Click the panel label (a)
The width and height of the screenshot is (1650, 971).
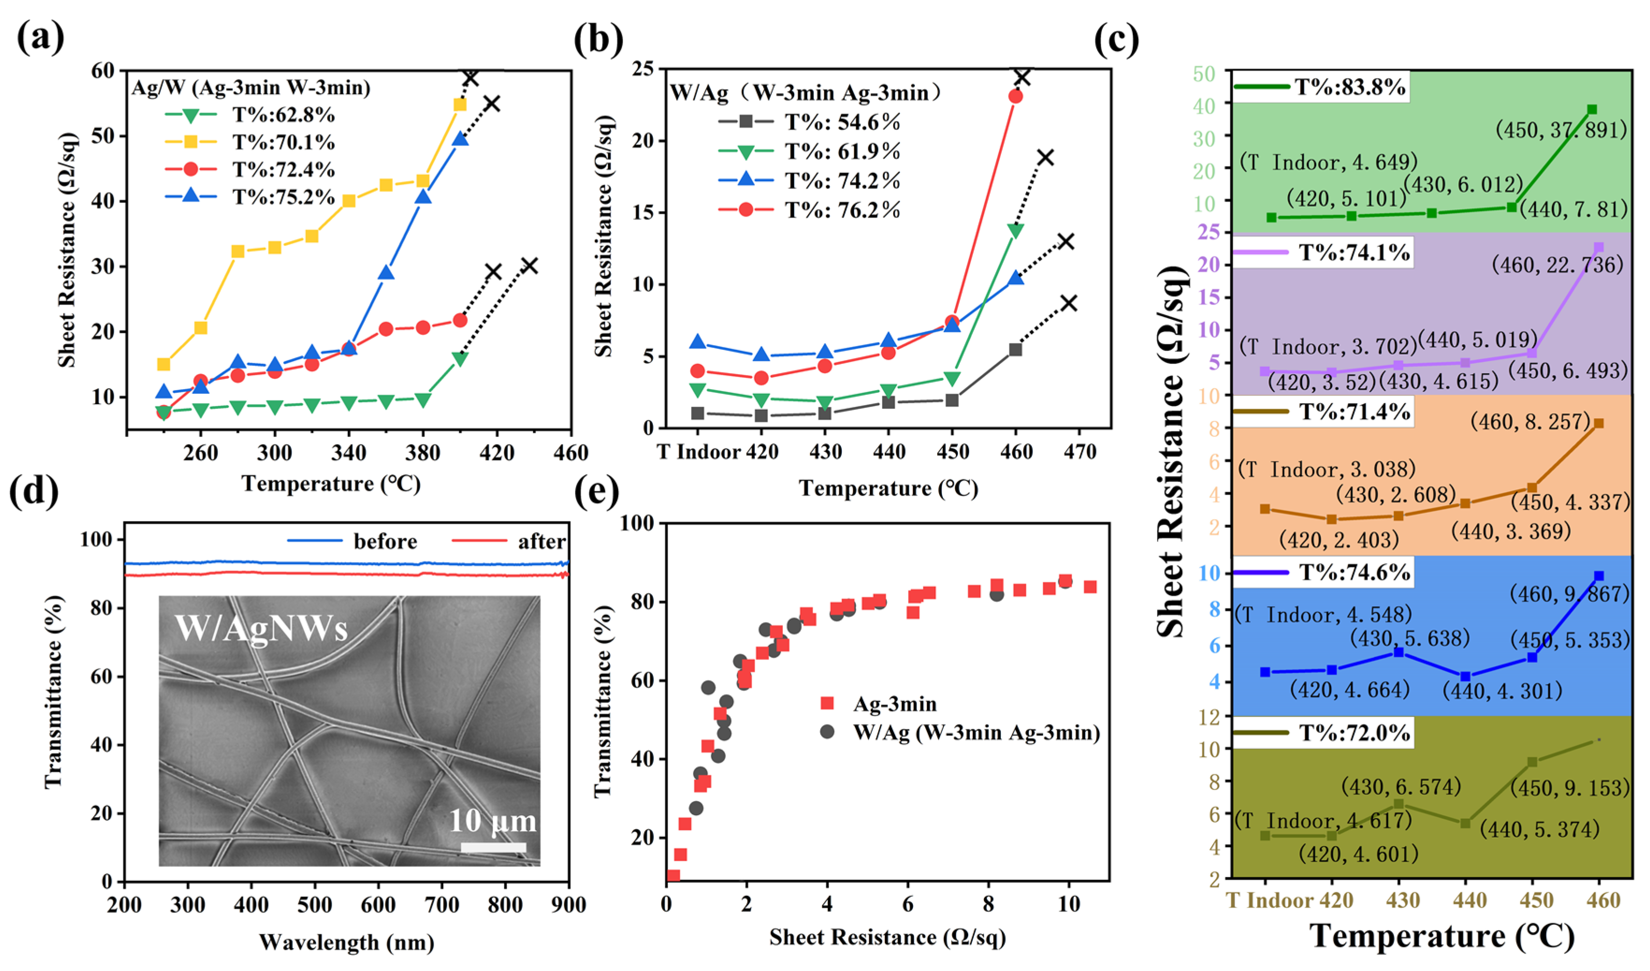coord(41,37)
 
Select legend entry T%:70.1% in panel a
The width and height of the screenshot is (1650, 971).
coord(283,142)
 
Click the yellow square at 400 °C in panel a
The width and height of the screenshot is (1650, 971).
coord(460,105)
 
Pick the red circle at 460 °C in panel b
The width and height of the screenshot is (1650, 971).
coord(1015,96)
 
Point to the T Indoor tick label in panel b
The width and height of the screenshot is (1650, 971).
coord(699,452)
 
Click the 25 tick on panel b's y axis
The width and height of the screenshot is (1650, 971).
coord(644,69)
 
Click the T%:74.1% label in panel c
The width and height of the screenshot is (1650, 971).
coord(1353,252)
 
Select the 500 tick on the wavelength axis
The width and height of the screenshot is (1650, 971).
coord(315,905)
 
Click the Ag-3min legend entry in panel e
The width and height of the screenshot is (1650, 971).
coord(894,704)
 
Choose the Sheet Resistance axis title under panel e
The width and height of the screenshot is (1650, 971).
coord(887,938)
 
